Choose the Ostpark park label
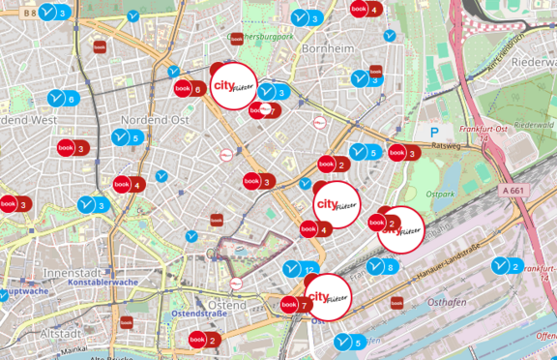coord(440,194)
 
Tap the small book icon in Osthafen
coord(396,303)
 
